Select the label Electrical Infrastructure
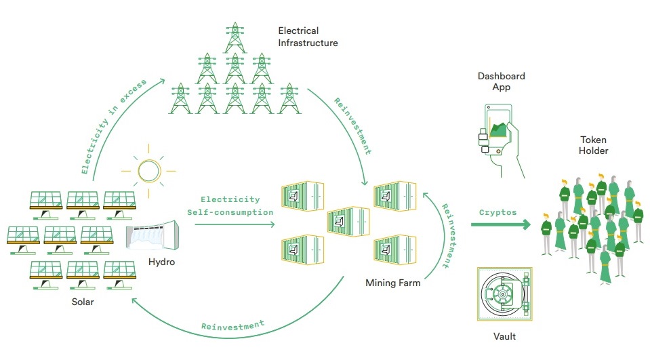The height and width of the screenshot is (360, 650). coord(307,37)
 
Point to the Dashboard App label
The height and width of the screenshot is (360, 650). coord(501,82)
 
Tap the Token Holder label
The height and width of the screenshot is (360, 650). coord(593,145)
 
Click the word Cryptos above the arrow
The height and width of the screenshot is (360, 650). coord(497,212)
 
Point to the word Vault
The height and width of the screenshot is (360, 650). coord(506,336)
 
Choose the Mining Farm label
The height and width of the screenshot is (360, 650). coord(393,283)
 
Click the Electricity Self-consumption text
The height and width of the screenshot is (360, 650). coord(230,205)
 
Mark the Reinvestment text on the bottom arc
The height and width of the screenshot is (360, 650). coord(232,325)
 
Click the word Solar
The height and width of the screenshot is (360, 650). coord(83,302)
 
